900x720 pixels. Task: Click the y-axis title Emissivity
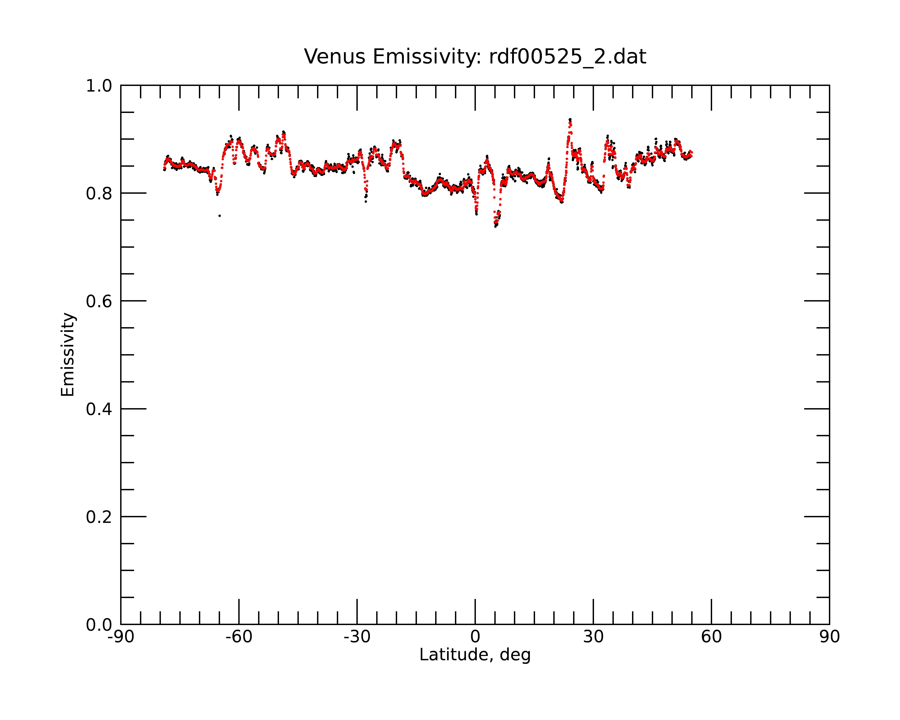point(68,354)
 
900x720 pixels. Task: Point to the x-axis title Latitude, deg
point(475,655)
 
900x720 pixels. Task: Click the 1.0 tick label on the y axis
point(99,86)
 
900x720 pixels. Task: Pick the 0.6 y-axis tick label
point(99,301)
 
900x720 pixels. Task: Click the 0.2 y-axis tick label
point(99,517)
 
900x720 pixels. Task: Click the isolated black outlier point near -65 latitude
point(220,216)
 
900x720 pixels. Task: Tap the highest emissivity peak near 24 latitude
point(570,120)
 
